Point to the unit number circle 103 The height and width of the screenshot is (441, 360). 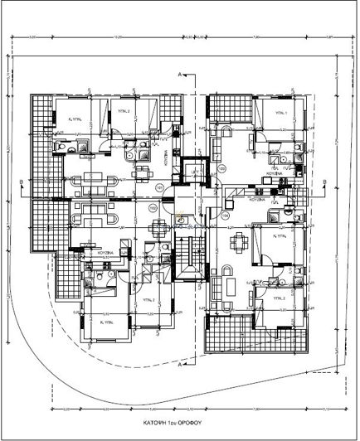coord(221,170)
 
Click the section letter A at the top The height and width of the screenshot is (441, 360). coord(180,75)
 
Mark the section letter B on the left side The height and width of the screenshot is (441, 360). coord(20,178)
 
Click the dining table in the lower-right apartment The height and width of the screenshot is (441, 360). coord(241,245)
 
